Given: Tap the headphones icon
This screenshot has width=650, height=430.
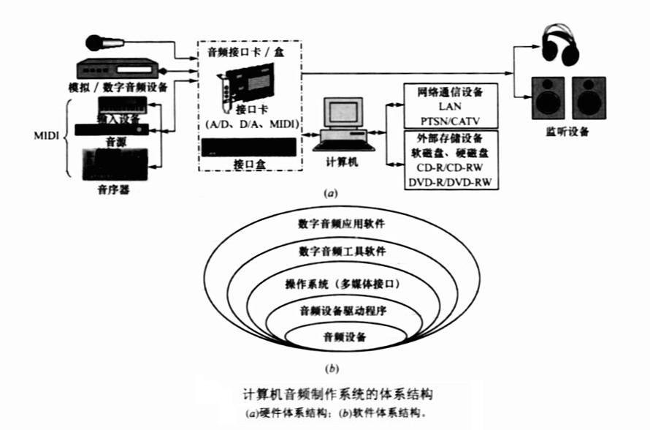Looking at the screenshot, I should [x=559, y=44].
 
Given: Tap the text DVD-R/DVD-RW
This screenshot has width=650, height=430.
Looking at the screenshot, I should [x=451, y=182].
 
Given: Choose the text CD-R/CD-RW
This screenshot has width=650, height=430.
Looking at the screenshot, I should [x=451, y=167].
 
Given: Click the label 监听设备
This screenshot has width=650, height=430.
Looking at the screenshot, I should [x=567, y=133].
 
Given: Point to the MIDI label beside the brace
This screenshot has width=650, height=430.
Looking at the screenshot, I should [x=47, y=135].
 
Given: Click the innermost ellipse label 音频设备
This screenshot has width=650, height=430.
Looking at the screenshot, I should [x=344, y=337].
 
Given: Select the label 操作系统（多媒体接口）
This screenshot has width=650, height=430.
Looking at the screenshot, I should [x=343, y=282].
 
